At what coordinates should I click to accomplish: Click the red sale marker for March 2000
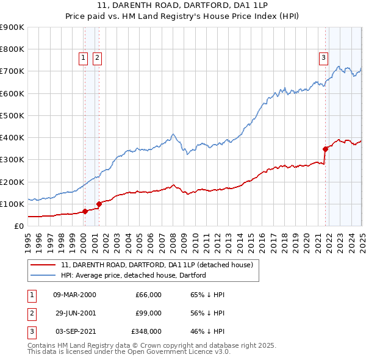click(85, 211)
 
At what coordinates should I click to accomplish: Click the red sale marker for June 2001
click(99, 204)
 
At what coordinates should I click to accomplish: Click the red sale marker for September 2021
click(325, 148)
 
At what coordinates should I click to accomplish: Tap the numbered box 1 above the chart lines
click(82, 58)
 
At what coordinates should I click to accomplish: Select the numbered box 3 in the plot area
click(323, 58)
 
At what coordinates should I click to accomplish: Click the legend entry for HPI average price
click(134, 275)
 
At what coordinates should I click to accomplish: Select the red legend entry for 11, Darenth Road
click(161, 265)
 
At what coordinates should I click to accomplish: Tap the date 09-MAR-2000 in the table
click(74, 295)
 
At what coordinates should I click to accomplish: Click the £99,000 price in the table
click(148, 313)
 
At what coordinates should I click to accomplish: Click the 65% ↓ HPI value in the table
click(208, 295)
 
